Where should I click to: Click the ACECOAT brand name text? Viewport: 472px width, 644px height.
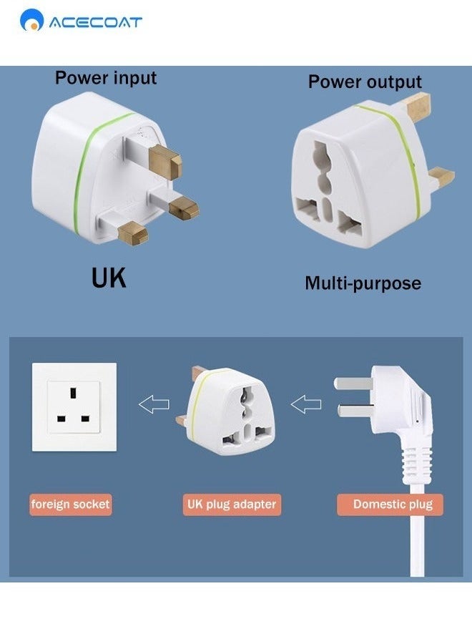click(x=94, y=22)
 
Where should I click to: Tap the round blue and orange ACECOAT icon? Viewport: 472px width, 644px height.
click(x=31, y=21)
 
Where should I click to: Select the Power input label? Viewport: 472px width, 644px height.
click(x=105, y=77)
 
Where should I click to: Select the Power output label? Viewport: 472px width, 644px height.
click(x=365, y=82)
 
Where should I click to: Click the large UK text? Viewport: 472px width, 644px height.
click(x=109, y=278)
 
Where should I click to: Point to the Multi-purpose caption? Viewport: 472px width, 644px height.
click(x=363, y=283)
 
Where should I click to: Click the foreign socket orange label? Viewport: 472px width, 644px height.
click(x=70, y=504)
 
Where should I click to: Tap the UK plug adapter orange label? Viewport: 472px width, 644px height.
click(x=231, y=504)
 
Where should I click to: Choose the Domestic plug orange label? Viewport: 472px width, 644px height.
click(x=393, y=504)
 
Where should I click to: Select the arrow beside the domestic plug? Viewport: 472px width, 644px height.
click(x=306, y=405)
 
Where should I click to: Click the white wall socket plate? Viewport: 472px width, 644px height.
click(x=74, y=407)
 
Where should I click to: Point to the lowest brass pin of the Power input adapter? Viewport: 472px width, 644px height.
click(x=133, y=232)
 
